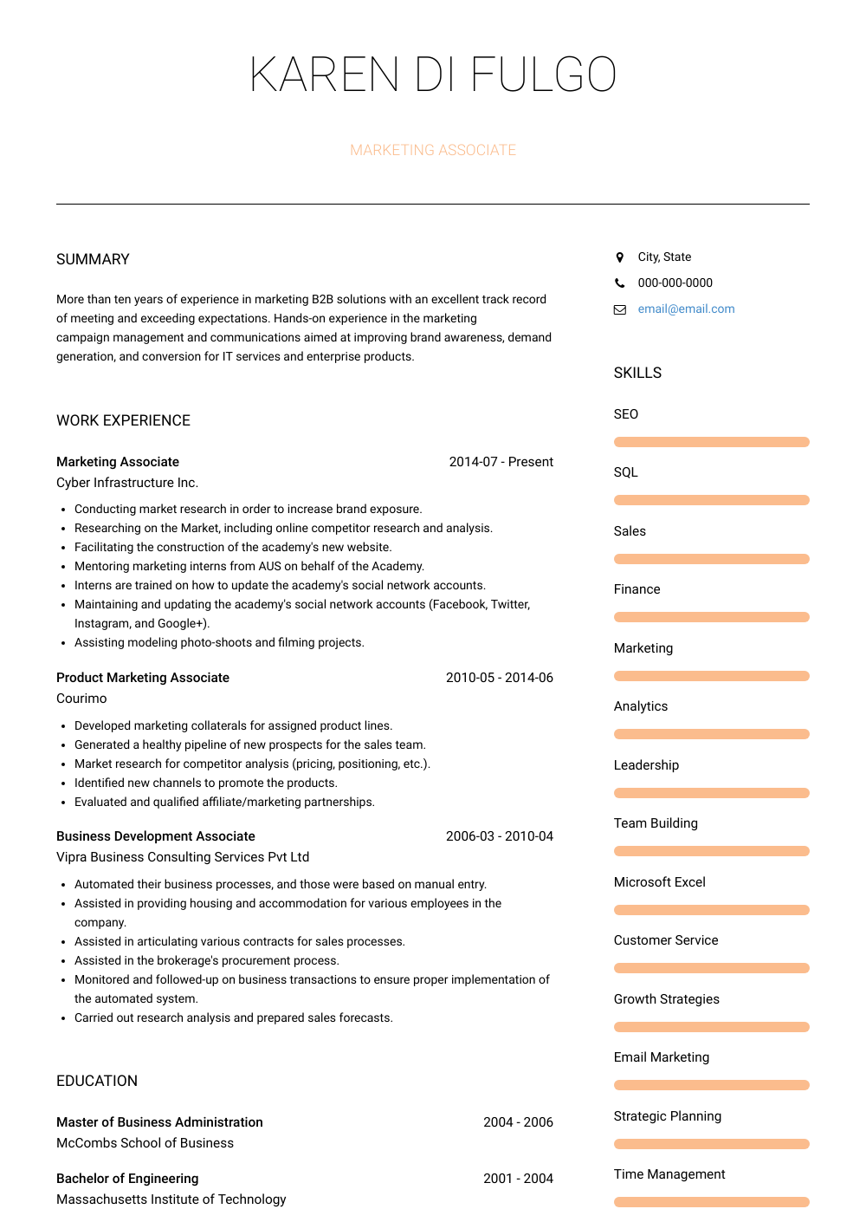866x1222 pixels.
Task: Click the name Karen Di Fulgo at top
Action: click(x=433, y=75)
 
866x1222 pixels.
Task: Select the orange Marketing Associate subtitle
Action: click(x=433, y=150)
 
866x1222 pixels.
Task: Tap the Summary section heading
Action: click(x=93, y=259)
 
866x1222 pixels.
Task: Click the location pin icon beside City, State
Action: click(x=619, y=257)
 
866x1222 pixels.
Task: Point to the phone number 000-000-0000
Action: click(x=675, y=283)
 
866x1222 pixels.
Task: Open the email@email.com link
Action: click(x=686, y=309)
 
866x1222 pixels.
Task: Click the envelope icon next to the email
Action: click(x=619, y=309)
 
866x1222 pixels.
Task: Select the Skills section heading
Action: click(x=637, y=373)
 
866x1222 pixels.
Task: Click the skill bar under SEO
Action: click(x=711, y=442)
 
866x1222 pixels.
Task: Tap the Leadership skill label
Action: click(x=646, y=765)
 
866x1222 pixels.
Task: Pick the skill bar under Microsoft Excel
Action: click(x=711, y=910)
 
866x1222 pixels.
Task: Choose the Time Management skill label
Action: click(x=669, y=1174)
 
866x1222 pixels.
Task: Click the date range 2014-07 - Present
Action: click(x=501, y=462)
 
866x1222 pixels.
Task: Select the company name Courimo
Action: click(x=81, y=699)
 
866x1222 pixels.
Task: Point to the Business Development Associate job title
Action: click(x=156, y=836)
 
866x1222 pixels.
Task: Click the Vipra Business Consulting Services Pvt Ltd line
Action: click(x=183, y=857)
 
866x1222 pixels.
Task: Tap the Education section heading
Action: click(x=97, y=1081)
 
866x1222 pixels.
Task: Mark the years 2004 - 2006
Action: click(x=518, y=1122)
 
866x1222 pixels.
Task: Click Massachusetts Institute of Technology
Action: click(x=171, y=1199)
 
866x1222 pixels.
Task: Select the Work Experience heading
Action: click(x=123, y=420)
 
